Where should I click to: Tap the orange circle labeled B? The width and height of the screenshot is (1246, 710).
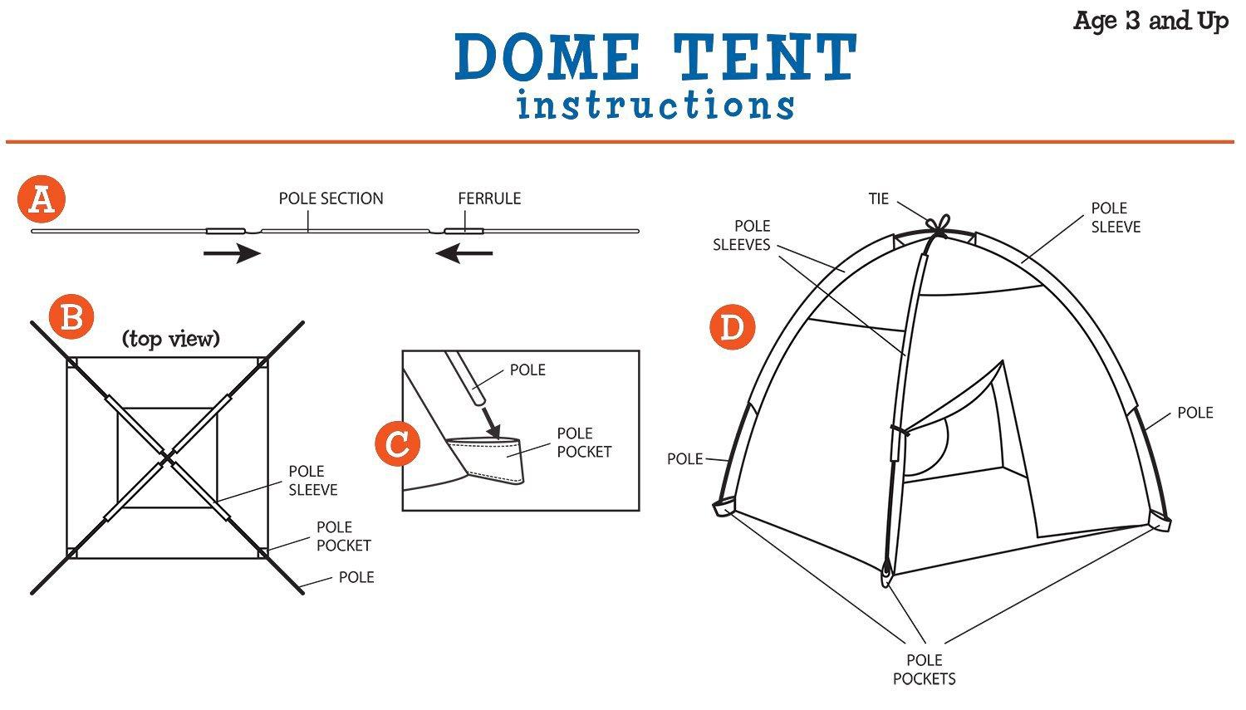(x=71, y=318)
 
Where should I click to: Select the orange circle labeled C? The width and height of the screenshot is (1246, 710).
(x=397, y=443)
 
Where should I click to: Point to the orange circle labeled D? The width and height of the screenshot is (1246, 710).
(x=732, y=327)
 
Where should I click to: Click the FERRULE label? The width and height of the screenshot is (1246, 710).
(x=489, y=198)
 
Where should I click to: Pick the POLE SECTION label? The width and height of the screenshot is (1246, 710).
(x=331, y=198)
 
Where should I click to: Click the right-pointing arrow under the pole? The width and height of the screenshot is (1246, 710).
(x=233, y=252)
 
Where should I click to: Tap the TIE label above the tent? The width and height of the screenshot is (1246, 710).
(x=879, y=198)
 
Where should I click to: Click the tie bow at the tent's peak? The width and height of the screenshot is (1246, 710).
(x=939, y=226)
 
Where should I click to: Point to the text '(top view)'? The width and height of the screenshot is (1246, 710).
(x=171, y=339)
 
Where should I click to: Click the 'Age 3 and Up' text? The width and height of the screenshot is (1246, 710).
(x=1150, y=21)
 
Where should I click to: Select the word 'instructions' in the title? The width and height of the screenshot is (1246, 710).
(x=655, y=106)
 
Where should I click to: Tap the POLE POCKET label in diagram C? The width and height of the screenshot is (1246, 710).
(x=584, y=443)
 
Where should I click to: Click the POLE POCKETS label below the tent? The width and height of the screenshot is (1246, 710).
(x=924, y=669)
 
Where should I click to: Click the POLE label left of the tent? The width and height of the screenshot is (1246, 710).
(x=684, y=458)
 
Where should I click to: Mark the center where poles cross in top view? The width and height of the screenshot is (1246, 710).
(x=168, y=457)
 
